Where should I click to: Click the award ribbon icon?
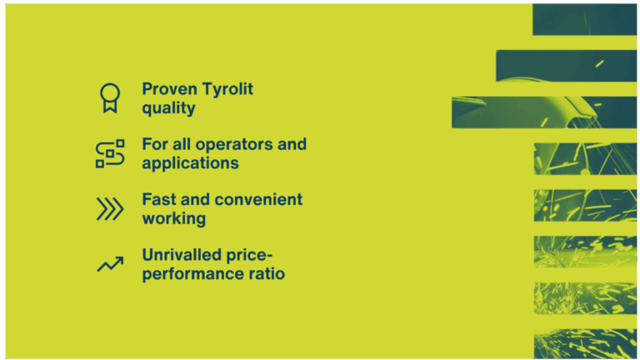pos(109,97)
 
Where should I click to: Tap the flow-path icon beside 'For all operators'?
pos(110,153)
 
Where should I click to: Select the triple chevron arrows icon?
pos(110,209)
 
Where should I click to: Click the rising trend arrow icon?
pos(110,264)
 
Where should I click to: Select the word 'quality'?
pos(168,108)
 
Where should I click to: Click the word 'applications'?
pos(190,163)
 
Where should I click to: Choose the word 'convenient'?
pos(258,200)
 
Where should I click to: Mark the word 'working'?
pos(173,219)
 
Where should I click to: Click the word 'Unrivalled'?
pos(182,255)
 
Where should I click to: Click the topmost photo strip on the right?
pos(585,18)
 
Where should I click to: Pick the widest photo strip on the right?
pos(545,112)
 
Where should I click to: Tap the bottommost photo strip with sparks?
pos(585,342)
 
